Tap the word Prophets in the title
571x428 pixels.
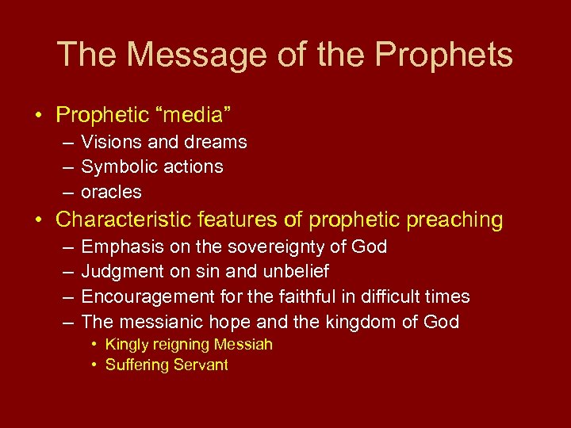tap(444, 55)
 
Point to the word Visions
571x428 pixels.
tap(109, 143)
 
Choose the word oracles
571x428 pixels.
tap(111, 192)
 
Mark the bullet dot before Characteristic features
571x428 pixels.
tap(38, 220)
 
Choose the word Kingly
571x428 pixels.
tap(128, 345)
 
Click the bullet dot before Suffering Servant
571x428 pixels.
tap(94, 365)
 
